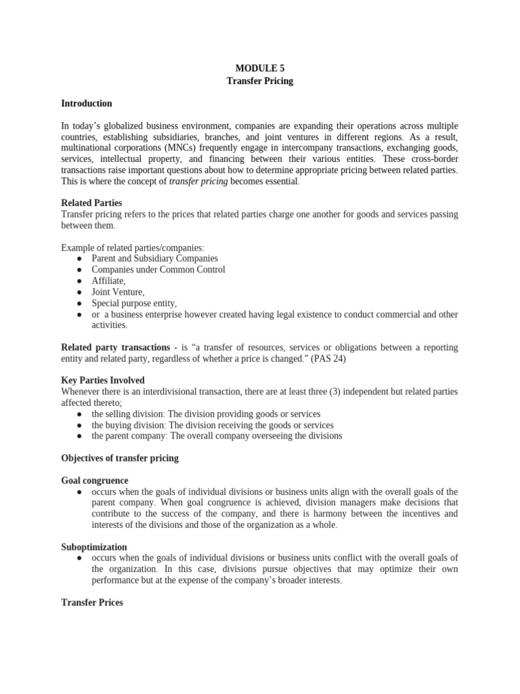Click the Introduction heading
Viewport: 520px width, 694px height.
coord(86,104)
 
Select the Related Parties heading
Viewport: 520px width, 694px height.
coord(91,203)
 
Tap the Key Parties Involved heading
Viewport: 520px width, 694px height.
coord(102,380)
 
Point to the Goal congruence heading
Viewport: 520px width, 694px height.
coord(94,480)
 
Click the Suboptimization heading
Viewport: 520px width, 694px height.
coord(93,546)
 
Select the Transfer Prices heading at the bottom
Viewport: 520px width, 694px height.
coord(92,602)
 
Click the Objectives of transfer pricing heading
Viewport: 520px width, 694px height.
coord(120,458)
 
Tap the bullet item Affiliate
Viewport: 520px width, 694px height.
coord(108,281)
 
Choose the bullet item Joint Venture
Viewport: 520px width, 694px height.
coord(118,292)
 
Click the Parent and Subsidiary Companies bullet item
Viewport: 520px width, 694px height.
coord(155,258)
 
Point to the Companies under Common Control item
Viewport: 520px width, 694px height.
coord(158,270)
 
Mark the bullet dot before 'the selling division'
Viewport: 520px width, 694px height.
coord(80,413)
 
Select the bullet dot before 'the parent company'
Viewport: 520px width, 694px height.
coord(80,436)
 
